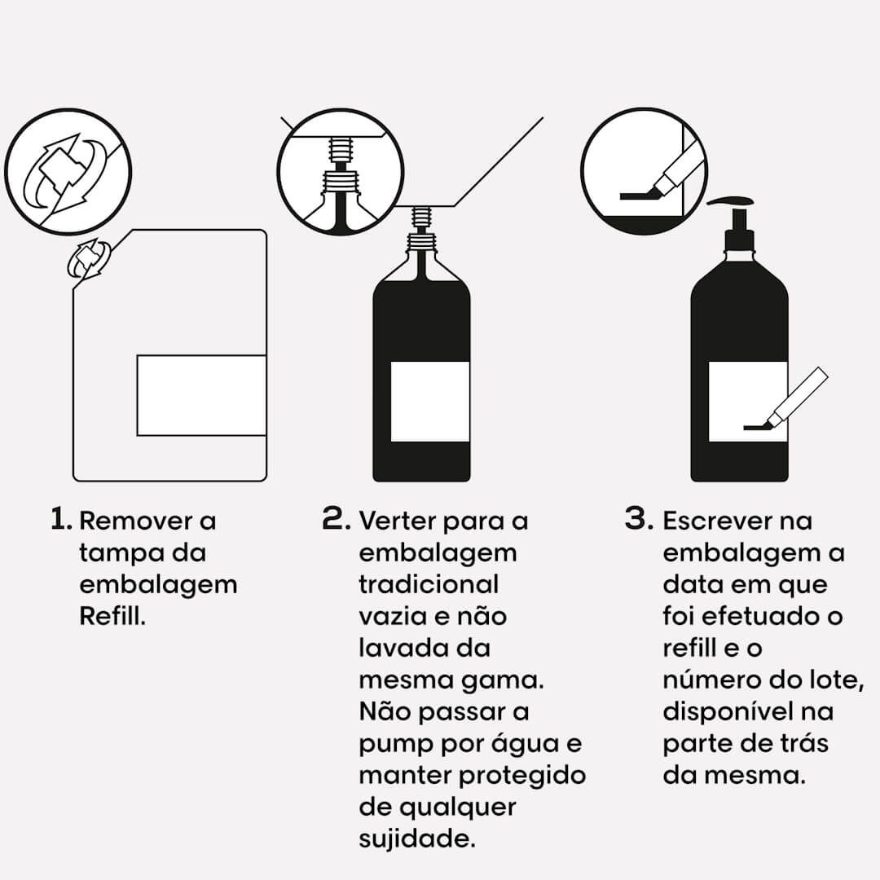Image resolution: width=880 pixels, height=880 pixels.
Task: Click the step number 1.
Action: pyautogui.click(x=61, y=518)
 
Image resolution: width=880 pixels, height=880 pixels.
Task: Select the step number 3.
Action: pyautogui.click(x=640, y=518)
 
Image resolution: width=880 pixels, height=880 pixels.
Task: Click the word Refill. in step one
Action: pyautogui.click(x=112, y=617)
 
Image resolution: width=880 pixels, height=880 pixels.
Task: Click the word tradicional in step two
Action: pyautogui.click(x=429, y=584)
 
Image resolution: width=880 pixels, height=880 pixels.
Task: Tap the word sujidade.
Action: pyautogui.click(x=416, y=839)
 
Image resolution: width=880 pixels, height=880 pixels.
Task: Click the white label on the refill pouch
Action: pyautogui.click(x=201, y=395)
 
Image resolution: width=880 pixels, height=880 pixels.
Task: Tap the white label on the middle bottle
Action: pyautogui.click(x=429, y=401)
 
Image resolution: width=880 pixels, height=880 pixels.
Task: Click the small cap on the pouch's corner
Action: pyautogui.click(x=86, y=259)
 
